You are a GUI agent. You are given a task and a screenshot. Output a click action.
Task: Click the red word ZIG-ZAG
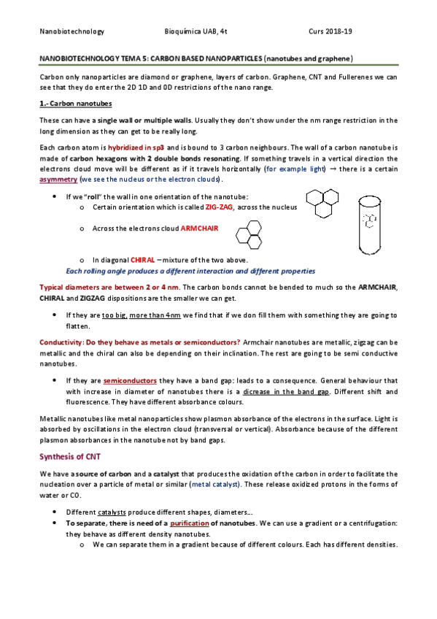pyautogui.click(x=220, y=207)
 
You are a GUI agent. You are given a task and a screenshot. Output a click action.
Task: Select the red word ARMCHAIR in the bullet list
pyautogui.click(x=199, y=228)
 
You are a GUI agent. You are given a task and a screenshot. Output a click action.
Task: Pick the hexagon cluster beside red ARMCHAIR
pyautogui.click(x=251, y=234)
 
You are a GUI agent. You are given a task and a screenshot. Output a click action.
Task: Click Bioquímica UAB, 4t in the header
pyautogui.click(x=197, y=31)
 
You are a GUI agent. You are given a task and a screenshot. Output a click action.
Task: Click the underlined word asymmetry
pyautogui.click(x=58, y=179)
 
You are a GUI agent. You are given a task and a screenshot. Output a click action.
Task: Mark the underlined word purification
pyautogui.click(x=189, y=523)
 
